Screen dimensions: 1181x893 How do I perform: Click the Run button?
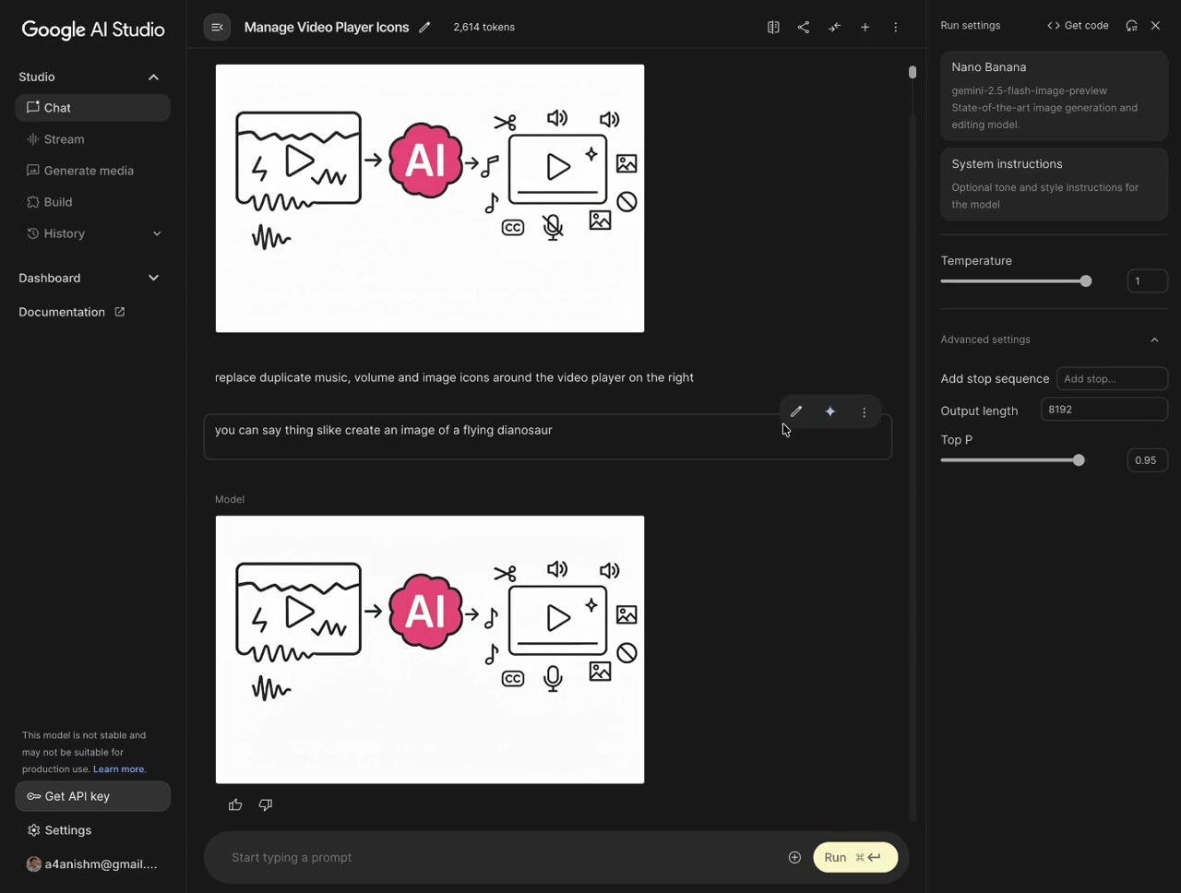click(x=855, y=857)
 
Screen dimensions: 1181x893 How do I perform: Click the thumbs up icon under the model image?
click(x=235, y=804)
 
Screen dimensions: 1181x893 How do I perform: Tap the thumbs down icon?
click(x=266, y=804)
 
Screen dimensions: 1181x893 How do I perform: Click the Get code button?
click(x=1078, y=26)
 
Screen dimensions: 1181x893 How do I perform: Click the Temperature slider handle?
click(x=1086, y=280)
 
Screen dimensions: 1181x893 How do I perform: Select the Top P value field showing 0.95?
click(x=1147, y=460)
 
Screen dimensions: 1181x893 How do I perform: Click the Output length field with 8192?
click(x=1104, y=410)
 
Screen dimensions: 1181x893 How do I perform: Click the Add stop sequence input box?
click(x=1112, y=379)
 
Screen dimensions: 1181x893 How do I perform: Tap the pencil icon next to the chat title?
click(x=424, y=27)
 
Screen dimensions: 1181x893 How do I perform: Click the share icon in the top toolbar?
click(x=804, y=27)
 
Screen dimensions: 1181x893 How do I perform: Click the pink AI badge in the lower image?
click(x=425, y=612)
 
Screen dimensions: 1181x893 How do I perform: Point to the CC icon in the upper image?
click(x=513, y=228)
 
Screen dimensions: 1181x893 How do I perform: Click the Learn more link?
click(x=118, y=768)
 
